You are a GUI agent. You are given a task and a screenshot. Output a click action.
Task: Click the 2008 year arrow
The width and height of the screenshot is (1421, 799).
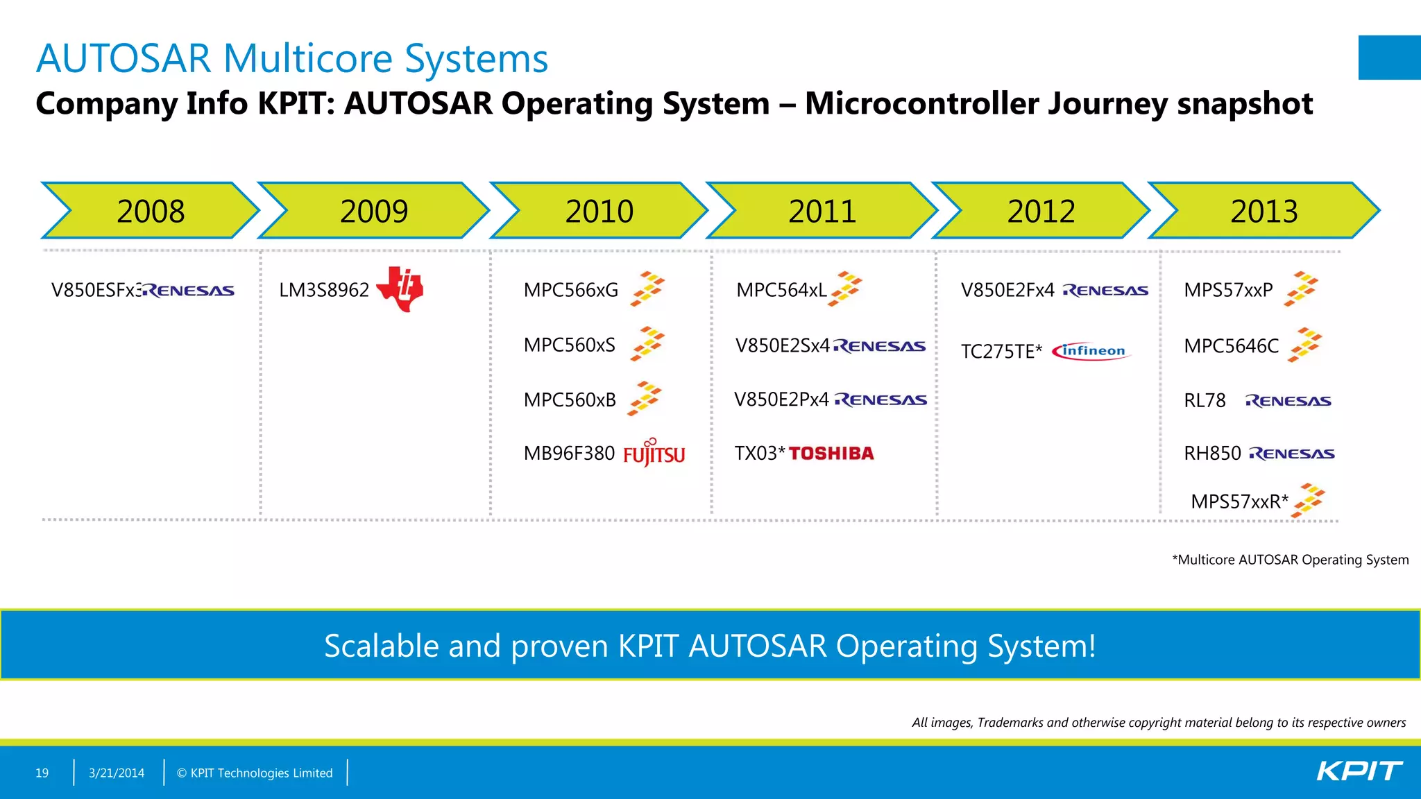[151, 211]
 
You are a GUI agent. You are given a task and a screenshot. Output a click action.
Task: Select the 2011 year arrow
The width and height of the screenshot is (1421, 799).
[822, 211]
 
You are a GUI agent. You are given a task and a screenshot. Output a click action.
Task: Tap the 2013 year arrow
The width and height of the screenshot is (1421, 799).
[1264, 211]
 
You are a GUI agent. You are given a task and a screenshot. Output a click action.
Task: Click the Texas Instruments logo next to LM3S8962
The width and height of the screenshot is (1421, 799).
[400, 289]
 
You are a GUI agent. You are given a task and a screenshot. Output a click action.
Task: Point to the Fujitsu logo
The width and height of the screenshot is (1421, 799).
[654, 454]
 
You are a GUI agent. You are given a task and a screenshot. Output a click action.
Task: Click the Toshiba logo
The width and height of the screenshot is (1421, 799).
[831, 454]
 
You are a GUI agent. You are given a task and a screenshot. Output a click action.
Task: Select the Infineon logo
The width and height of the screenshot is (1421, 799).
[1091, 351]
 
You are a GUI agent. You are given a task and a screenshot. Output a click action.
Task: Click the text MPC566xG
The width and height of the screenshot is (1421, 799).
[570, 290]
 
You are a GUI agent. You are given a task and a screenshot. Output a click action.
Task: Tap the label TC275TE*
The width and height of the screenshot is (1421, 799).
[1001, 352]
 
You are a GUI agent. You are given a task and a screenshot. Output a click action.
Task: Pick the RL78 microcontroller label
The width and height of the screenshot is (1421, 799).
[1205, 401]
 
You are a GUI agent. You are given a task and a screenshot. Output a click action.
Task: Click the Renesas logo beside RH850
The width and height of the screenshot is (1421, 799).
[1292, 454]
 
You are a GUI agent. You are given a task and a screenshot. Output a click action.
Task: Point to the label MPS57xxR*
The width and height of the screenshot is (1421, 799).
[1239, 501]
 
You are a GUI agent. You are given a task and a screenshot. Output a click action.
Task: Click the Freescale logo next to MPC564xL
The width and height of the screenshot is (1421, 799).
[846, 289]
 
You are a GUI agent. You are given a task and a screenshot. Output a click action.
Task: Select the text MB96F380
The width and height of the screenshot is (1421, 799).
[569, 454]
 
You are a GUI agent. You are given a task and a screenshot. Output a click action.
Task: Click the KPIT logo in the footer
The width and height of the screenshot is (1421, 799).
[1359, 771]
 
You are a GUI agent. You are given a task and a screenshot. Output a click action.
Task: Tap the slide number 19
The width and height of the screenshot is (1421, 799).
[42, 773]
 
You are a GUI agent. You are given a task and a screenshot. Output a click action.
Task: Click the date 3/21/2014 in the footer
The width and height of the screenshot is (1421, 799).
[117, 773]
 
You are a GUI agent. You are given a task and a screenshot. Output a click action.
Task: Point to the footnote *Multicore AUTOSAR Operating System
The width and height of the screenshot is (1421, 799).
[1291, 560]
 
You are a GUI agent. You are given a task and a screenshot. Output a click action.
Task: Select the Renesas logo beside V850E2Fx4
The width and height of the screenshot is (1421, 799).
[1105, 291]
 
